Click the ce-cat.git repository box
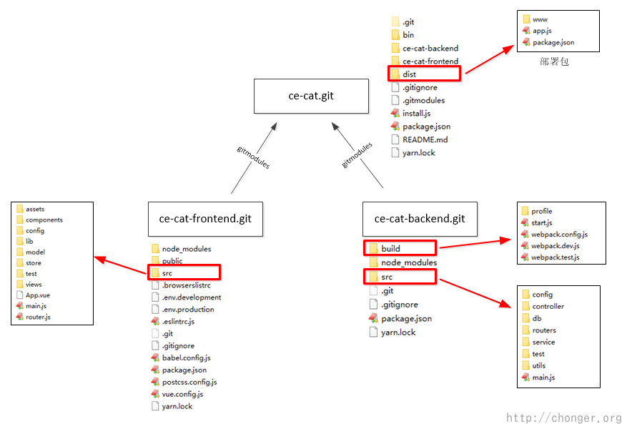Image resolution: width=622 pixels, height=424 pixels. click(311, 96)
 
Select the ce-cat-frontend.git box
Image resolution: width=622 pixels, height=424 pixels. click(205, 218)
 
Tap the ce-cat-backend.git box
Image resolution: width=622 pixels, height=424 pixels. click(419, 218)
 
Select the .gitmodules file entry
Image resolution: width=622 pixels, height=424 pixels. click(423, 100)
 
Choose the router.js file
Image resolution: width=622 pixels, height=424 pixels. click(37, 316)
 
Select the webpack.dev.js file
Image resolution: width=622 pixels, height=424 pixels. click(555, 245)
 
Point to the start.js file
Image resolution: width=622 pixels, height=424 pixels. click(541, 222)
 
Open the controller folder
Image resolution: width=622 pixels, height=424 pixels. click(548, 306)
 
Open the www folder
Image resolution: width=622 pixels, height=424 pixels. click(540, 19)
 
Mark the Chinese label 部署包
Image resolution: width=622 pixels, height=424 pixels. click(554, 62)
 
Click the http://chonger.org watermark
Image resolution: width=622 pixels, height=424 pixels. click(563, 418)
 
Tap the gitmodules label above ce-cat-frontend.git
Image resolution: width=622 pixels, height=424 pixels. click(253, 156)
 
